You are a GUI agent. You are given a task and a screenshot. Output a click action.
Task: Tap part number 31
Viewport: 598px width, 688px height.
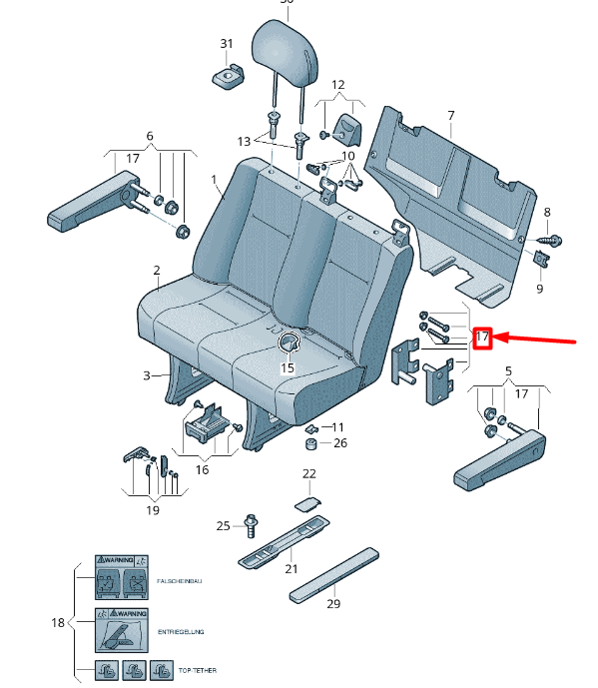coord(226,44)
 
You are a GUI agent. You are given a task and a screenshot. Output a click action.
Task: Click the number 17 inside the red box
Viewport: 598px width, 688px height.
coord(482,338)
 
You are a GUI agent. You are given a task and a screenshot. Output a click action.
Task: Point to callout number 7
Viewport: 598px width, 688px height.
coord(450,117)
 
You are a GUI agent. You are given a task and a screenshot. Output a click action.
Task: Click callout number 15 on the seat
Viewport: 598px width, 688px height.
coord(288,367)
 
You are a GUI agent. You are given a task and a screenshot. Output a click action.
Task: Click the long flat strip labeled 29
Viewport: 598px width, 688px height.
coord(334,574)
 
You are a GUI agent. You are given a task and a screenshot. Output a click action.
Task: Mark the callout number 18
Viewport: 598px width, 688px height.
coord(58,622)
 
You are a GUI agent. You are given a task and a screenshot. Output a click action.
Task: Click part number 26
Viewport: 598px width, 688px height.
coord(340,443)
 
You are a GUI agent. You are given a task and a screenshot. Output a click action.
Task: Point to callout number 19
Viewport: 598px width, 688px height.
coord(153,510)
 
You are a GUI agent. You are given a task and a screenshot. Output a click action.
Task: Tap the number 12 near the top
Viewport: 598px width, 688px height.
coord(337,85)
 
